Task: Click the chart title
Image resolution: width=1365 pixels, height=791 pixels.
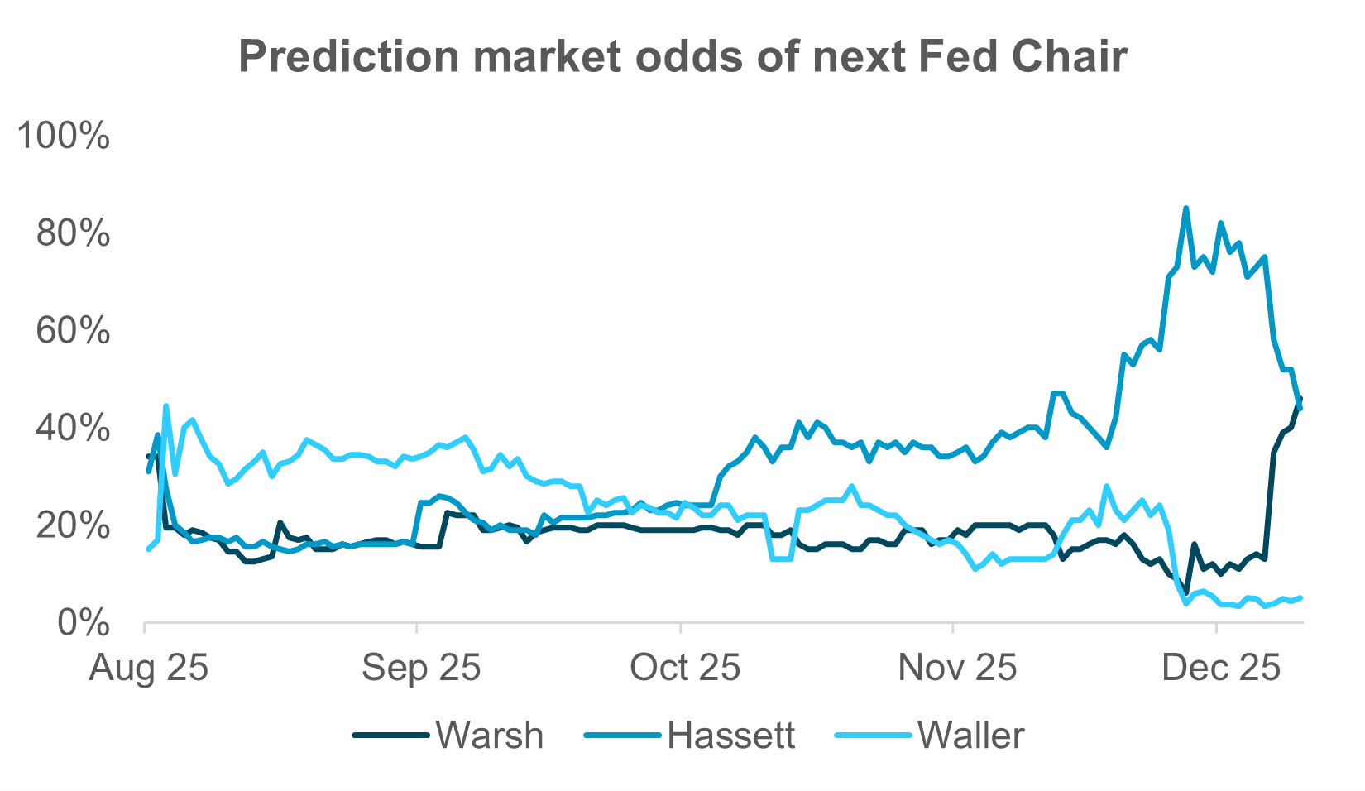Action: [x=682, y=56]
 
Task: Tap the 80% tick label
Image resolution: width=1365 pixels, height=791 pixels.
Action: [x=73, y=234]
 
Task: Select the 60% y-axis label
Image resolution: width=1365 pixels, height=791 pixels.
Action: [x=73, y=331]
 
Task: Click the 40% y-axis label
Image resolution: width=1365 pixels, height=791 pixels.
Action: [x=73, y=429]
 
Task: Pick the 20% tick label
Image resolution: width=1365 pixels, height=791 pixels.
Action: [x=73, y=526]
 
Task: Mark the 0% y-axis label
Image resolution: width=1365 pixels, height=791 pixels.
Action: [x=83, y=623]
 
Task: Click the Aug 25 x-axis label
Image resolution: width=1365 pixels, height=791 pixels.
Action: [x=149, y=668]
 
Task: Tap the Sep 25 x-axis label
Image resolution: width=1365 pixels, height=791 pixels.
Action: [x=421, y=668]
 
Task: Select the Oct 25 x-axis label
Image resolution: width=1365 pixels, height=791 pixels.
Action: [x=684, y=668]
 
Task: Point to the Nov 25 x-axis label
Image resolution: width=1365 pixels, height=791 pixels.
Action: [x=956, y=668]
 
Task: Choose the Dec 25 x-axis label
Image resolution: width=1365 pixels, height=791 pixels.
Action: [x=1220, y=668]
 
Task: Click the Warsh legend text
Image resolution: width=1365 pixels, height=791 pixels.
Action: [x=490, y=736]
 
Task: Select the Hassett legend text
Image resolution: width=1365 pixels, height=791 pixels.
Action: [x=731, y=736]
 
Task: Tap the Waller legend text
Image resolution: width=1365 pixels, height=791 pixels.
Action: [x=971, y=736]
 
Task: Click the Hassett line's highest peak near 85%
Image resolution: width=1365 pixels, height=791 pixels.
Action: [x=1185, y=209]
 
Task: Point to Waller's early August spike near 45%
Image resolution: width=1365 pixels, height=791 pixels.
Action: [x=166, y=405]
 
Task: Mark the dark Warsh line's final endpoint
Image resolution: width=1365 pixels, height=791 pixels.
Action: [x=1300, y=399]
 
